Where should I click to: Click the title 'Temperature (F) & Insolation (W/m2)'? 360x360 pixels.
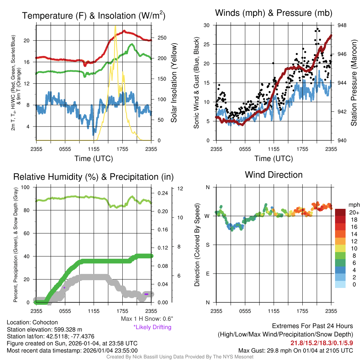click(x=94, y=15)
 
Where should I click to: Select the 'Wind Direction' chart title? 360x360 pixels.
click(x=274, y=175)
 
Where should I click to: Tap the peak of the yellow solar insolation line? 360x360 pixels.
click(x=115, y=26)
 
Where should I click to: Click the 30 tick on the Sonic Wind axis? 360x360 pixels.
click(x=207, y=25)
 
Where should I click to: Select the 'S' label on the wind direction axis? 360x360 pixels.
click(x=207, y=245)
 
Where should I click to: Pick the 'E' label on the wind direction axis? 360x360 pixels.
click(x=207, y=274)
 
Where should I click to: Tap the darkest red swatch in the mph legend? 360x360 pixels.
click(x=341, y=212)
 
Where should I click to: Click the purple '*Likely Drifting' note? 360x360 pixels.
click(x=152, y=327)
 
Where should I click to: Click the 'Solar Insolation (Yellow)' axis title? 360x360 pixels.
click(x=174, y=83)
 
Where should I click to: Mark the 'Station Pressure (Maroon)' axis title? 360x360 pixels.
click(x=354, y=83)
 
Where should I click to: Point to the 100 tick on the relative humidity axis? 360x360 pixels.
click(x=26, y=187)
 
